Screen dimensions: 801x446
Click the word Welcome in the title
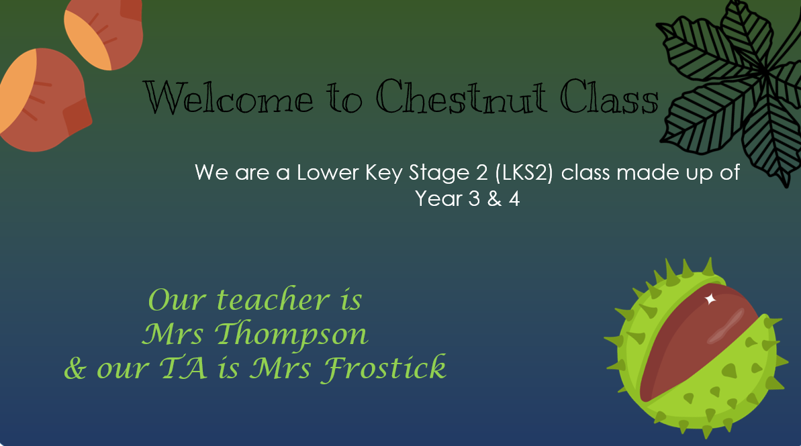coord(228,97)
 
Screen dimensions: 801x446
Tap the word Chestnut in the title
coord(461,97)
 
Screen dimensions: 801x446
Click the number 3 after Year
coord(474,199)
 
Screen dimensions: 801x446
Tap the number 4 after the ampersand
coord(514,199)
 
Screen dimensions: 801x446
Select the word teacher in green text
coord(273,300)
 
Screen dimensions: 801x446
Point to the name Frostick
coord(383,368)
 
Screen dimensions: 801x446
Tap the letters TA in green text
coord(183,368)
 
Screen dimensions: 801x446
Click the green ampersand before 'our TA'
coord(75,368)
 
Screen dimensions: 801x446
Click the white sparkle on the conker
coord(710,299)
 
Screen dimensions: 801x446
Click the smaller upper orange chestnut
coord(103,33)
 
